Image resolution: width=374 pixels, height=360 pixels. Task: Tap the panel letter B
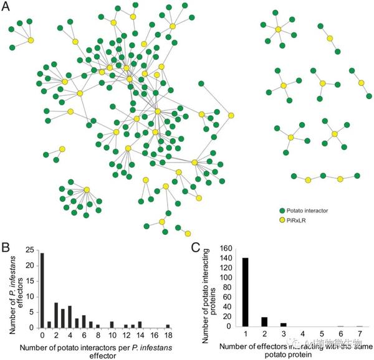tap(6, 246)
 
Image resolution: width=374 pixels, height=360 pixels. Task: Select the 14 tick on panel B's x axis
tap(140, 334)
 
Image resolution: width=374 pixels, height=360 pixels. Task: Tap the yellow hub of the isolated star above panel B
tap(86, 190)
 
